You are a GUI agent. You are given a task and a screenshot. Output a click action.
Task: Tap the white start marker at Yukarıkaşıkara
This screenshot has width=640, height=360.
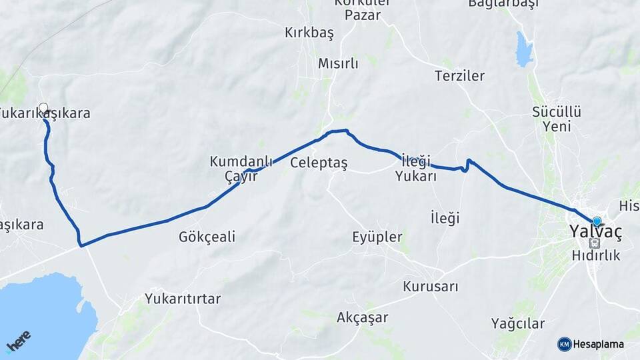[x=43, y=108]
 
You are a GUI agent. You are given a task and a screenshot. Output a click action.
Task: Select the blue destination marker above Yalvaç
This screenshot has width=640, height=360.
[x=597, y=221]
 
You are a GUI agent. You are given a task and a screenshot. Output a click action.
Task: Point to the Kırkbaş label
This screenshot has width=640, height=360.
[x=309, y=33]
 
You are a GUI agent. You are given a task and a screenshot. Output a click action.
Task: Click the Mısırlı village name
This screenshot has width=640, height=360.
[x=338, y=64]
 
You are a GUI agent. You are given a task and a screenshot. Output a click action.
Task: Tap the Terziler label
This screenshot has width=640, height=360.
[x=459, y=76]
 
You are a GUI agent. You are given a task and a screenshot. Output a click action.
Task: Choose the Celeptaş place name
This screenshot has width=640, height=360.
[x=319, y=163]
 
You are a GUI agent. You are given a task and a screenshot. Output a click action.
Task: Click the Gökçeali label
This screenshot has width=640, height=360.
[x=207, y=237]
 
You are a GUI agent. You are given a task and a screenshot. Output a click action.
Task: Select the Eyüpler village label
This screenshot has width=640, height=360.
[x=377, y=237]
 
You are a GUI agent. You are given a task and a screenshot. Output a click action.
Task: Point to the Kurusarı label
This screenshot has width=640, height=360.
[x=431, y=287]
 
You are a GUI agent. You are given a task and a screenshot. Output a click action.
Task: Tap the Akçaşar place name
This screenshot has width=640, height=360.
[x=362, y=317]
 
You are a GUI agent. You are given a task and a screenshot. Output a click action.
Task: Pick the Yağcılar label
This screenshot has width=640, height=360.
[x=518, y=323]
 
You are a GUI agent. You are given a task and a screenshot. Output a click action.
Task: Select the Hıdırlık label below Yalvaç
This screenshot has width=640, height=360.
[x=596, y=255]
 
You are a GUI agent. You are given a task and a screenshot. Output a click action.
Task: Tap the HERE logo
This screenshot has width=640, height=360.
[x=19, y=340]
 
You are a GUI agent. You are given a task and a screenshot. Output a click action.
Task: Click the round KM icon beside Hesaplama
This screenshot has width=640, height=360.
[x=565, y=344]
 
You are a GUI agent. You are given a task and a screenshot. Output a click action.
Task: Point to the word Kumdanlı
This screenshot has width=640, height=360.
[x=232, y=161]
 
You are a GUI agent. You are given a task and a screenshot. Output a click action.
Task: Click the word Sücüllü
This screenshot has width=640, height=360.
[x=557, y=111]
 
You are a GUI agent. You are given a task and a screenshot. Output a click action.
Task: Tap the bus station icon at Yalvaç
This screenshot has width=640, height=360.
[x=594, y=243]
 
